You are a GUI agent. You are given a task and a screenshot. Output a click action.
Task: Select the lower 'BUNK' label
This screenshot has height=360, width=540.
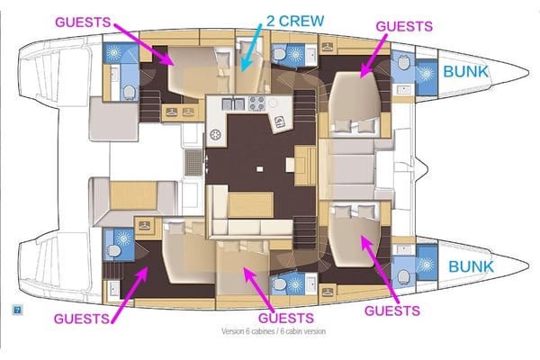[x=471, y=266]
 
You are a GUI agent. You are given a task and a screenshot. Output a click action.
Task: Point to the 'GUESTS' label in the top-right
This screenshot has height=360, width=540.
[x=404, y=28]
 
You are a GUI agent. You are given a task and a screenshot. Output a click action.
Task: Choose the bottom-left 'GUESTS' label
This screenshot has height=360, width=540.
[x=83, y=318]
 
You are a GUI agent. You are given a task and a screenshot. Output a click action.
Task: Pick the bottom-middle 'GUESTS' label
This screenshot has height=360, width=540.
[x=286, y=318]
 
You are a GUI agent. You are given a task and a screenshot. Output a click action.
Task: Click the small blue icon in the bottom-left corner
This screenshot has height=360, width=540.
[x=16, y=309]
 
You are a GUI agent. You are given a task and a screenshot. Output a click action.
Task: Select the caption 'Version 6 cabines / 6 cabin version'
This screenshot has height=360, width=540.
[x=274, y=331]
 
